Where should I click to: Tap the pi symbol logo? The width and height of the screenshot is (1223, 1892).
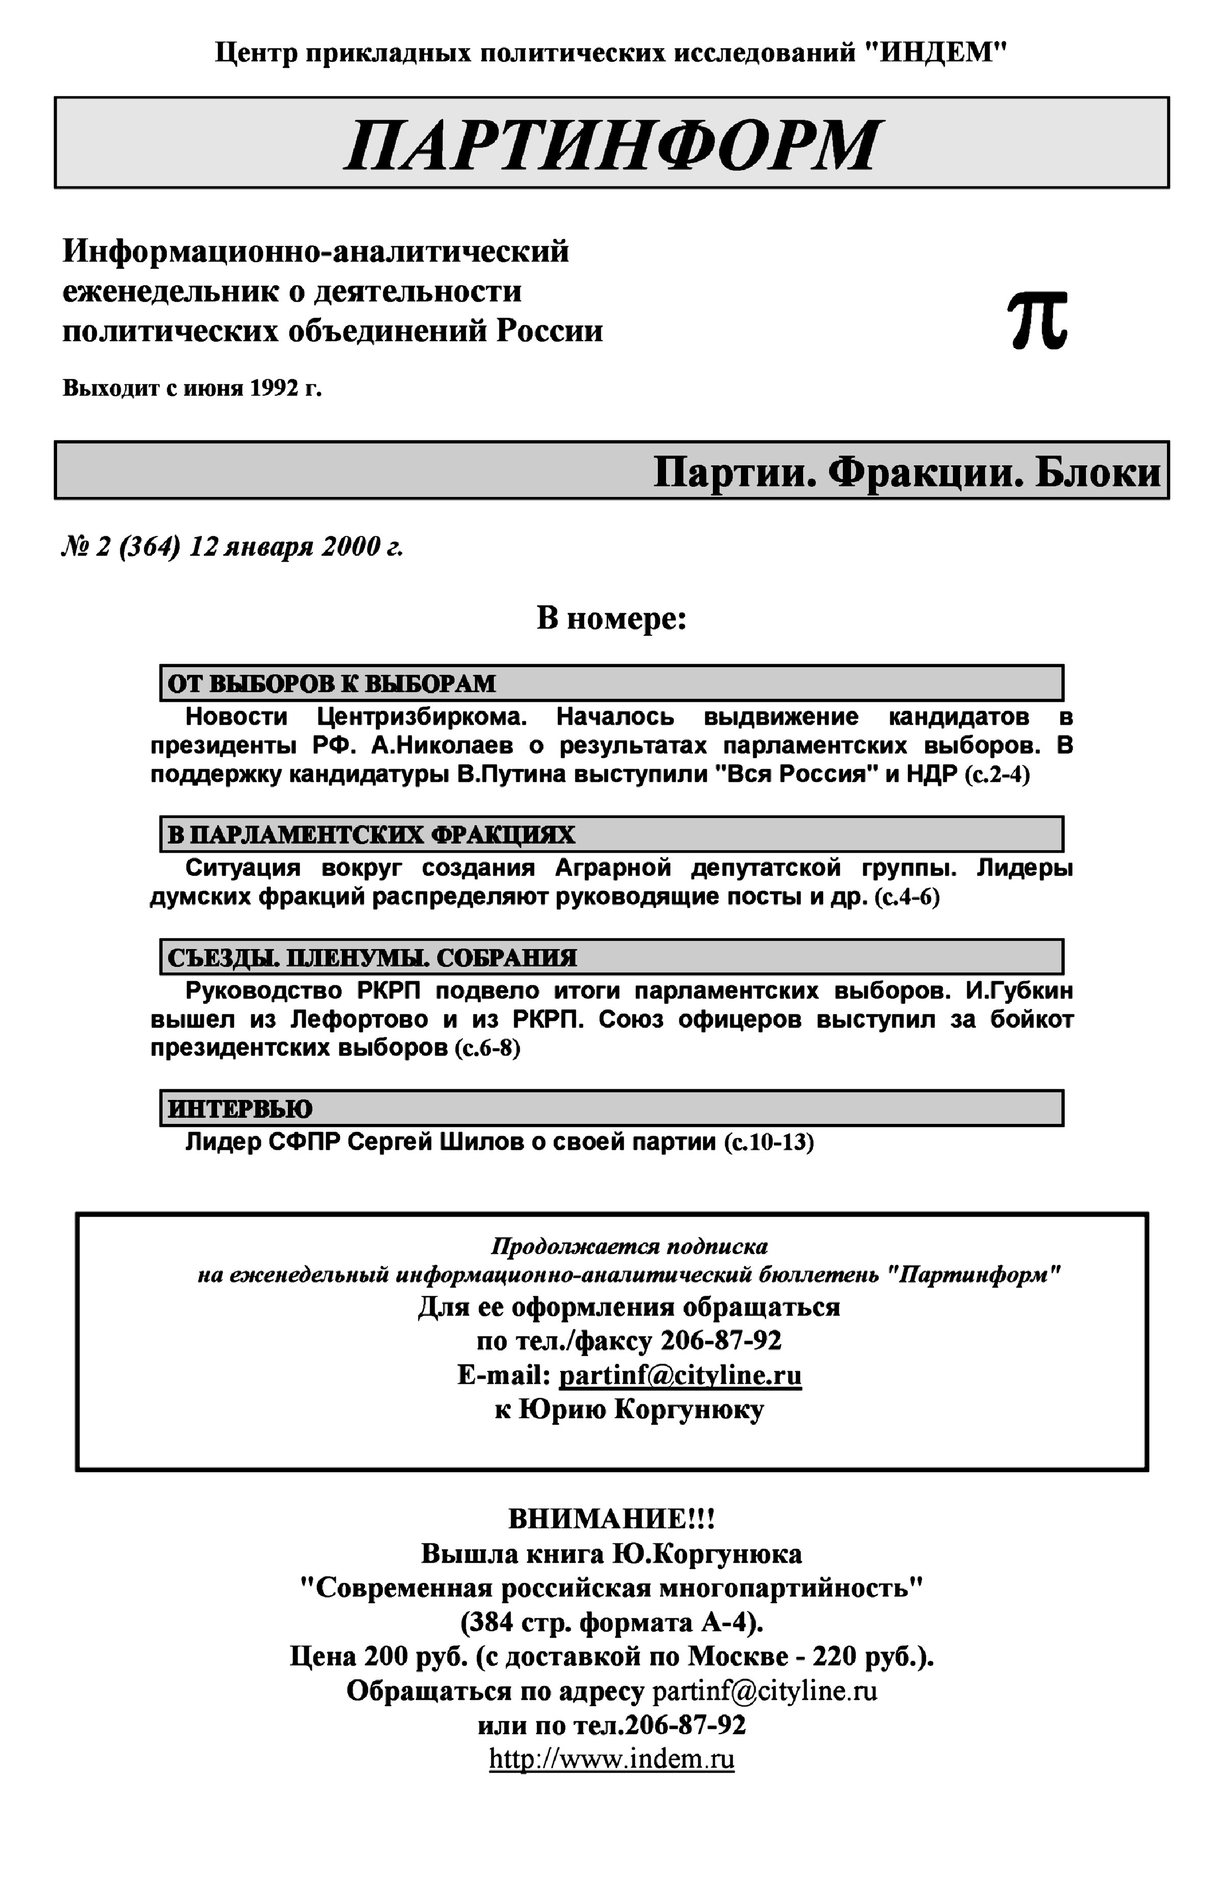click(x=1037, y=320)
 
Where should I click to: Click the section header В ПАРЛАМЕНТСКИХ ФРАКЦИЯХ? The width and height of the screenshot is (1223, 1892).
click(x=371, y=835)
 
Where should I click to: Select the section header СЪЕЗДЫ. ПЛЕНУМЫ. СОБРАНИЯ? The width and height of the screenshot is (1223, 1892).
click(x=371, y=958)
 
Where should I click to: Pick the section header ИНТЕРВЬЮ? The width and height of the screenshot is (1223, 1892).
click(x=240, y=1109)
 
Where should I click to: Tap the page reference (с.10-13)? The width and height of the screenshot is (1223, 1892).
click(x=768, y=1143)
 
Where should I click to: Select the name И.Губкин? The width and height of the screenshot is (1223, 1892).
click(x=1019, y=990)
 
